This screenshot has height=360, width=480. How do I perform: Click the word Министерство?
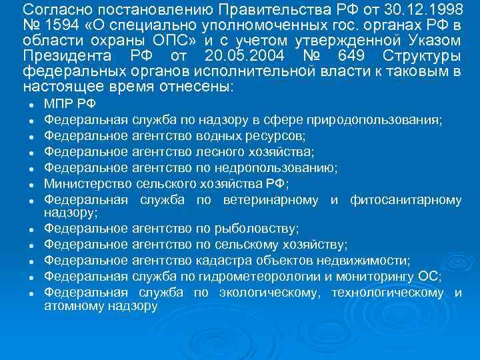point(87,183)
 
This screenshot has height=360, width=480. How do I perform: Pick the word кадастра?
point(223,260)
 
